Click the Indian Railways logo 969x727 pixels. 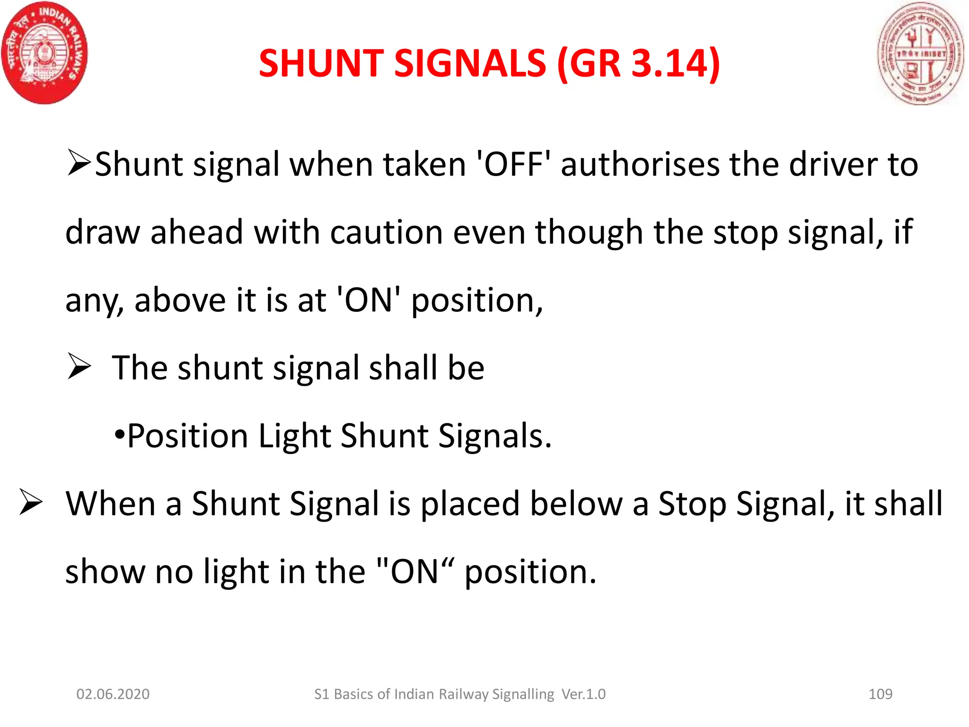pyautogui.click(x=45, y=52)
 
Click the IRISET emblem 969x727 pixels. pyautogui.click(x=920, y=53)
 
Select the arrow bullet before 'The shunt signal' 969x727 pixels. pyautogui.click(x=79, y=366)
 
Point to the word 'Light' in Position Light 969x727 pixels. pyautogui.click(x=294, y=435)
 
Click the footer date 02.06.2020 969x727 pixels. pyautogui.click(x=113, y=694)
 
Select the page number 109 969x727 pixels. pyautogui.click(x=881, y=694)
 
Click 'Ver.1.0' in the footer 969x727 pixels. pyautogui.click(x=583, y=694)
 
